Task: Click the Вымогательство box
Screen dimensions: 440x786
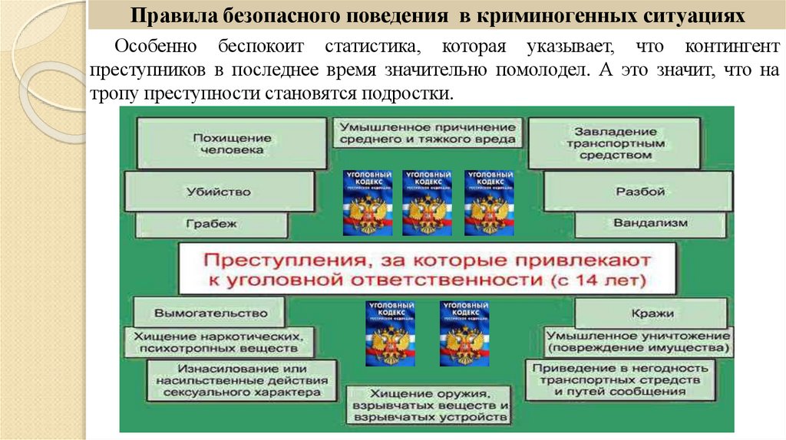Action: pos(210,313)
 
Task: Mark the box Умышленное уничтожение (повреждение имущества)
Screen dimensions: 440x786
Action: pos(636,341)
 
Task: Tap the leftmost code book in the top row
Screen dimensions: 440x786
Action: pos(368,202)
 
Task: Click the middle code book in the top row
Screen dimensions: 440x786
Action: pos(428,202)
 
